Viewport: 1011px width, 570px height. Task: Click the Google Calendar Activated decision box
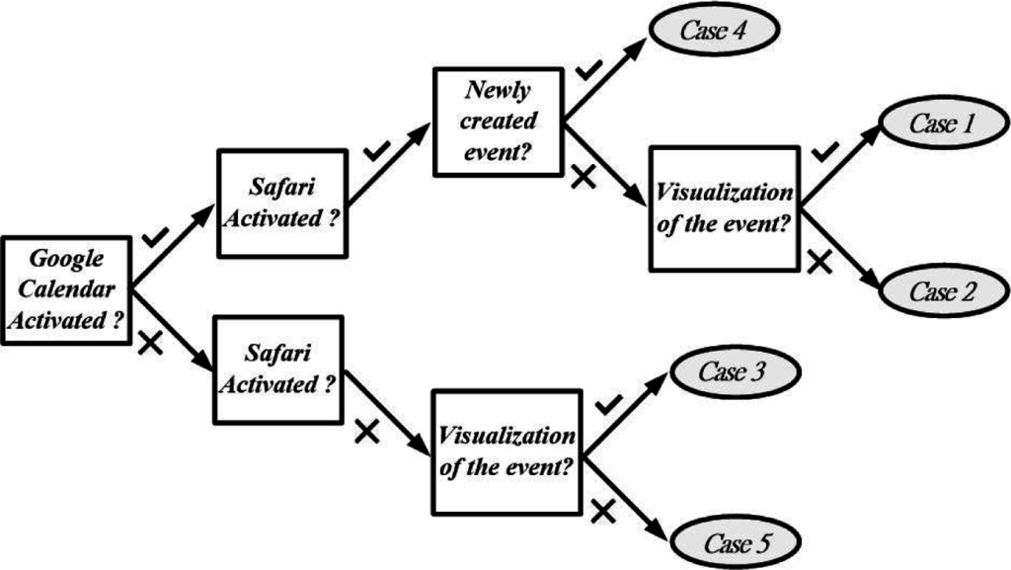(66, 290)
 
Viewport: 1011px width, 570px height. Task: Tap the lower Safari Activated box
(279, 367)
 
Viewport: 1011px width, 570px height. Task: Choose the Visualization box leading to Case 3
(507, 452)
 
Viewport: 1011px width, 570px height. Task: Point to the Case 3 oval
(734, 373)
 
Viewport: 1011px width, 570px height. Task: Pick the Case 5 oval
(734, 542)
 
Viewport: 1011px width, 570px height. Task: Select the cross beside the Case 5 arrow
(604, 510)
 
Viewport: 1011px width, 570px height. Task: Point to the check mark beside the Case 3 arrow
(609, 403)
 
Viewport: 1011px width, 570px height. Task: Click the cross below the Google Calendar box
(150, 343)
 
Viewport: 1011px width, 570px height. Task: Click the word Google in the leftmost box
(66, 260)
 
